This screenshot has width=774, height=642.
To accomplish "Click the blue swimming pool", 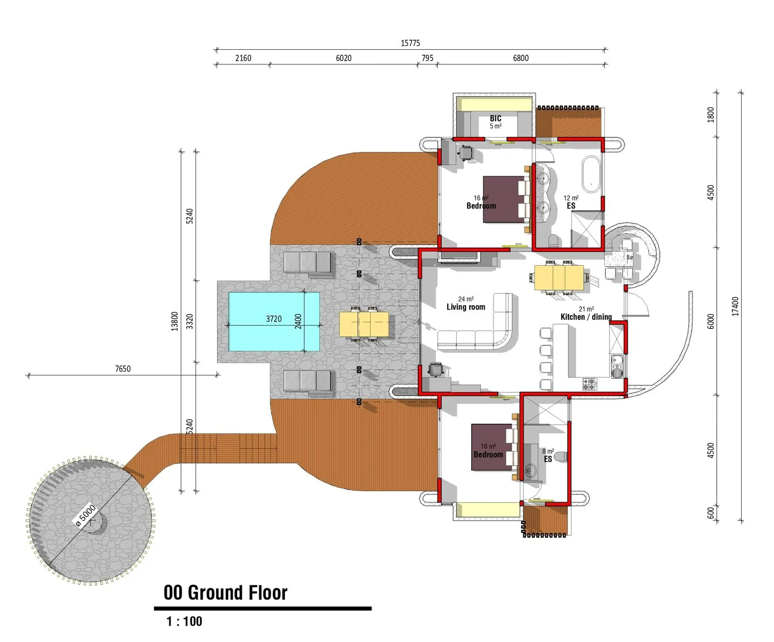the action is pyautogui.click(x=274, y=321).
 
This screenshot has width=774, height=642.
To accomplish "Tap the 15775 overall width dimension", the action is pyautogui.click(x=410, y=43).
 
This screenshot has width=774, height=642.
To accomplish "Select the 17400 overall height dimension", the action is pyautogui.click(x=735, y=306).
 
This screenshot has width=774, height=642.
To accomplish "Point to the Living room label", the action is pyautogui.click(x=465, y=307).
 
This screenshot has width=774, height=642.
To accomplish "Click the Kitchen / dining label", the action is pyautogui.click(x=586, y=317).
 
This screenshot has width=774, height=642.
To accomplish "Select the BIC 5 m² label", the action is pyautogui.click(x=495, y=121).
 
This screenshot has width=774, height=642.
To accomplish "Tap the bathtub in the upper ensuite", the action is pyautogui.click(x=591, y=173).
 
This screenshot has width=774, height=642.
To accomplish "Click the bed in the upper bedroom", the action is pyautogui.click(x=506, y=199).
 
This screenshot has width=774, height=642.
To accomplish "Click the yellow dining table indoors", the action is pyautogui.click(x=559, y=278).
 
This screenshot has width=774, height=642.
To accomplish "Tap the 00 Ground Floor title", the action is pyautogui.click(x=225, y=593).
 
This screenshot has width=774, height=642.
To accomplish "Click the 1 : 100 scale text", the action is pyautogui.click(x=184, y=621).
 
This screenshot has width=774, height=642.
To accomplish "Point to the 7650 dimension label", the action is pyautogui.click(x=123, y=369).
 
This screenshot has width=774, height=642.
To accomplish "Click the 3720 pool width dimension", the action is pyautogui.click(x=274, y=319).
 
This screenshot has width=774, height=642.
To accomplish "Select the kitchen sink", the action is pyautogui.click(x=617, y=367).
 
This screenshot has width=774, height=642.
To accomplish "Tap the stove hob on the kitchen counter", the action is pyautogui.click(x=590, y=384).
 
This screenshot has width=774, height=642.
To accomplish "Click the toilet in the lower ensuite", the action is pyautogui.click(x=560, y=456).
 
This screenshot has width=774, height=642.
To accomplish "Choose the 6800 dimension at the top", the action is pyautogui.click(x=521, y=58).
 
